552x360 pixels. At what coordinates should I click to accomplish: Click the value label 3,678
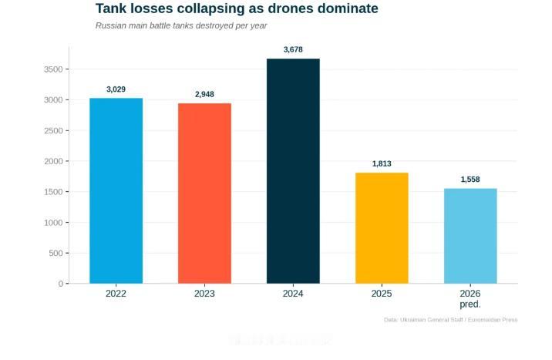click(x=293, y=49)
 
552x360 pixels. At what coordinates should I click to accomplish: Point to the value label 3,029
click(x=116, y=89)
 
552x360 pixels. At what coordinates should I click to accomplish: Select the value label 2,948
click(x=204, y=94)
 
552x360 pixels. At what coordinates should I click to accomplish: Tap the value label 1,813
click(x=382, y=163)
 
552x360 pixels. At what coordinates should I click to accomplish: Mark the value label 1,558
click(x=470, y=180)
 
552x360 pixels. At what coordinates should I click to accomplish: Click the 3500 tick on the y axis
click(x=53, y=69)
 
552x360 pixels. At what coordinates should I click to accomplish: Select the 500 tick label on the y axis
click(x=56, y=253)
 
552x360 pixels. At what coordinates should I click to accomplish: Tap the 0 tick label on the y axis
click(x=60, y=284)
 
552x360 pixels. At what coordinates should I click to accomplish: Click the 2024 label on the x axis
click(x=293, y=294)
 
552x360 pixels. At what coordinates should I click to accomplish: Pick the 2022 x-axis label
click(x=116, y=294)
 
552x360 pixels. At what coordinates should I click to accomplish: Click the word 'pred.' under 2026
click(x=470, y=304)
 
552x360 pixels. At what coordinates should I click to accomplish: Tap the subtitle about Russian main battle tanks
click(x=181, y=25)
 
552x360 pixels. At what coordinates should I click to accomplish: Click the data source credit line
click(x=450, y=320)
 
